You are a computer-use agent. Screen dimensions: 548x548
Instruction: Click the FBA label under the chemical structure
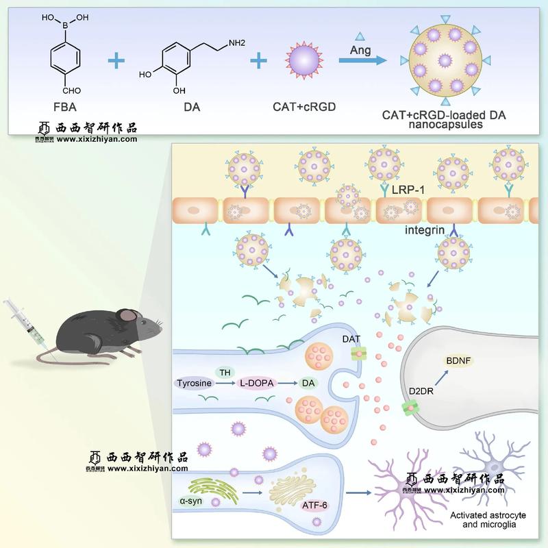click(x=65, y=107)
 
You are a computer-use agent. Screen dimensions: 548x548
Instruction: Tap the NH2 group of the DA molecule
click(x=236, y=43)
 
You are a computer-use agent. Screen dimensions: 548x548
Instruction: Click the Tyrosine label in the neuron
click(x=195, y=383)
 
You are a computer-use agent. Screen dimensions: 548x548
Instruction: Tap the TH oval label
click(x=224, y=371)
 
